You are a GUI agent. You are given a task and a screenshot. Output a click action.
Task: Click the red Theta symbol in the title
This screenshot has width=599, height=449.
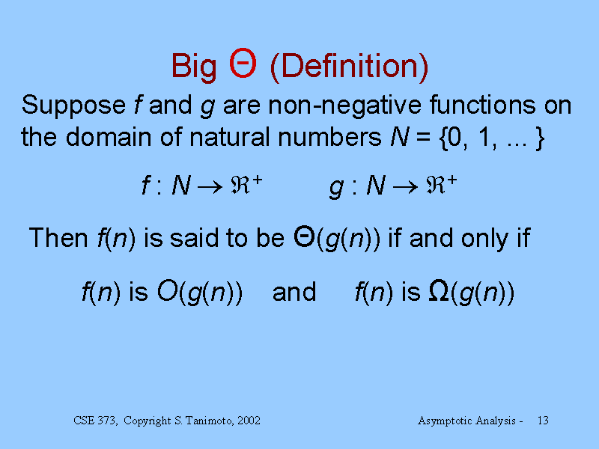point(243,63)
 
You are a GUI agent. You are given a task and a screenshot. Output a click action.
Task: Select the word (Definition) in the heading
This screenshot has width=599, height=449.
point(349,67)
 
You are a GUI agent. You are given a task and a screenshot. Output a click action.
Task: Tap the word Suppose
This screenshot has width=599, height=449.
point(73,106)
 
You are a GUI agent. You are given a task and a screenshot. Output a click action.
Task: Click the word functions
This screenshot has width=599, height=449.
point(482,104)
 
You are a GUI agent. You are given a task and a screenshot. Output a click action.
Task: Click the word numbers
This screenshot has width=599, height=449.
point(329,137)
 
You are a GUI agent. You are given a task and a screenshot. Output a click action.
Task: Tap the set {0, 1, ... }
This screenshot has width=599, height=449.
point(493,138)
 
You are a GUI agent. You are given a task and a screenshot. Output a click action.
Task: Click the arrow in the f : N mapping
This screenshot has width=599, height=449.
point(210,186)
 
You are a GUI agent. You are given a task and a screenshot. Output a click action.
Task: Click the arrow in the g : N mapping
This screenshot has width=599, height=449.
point(405,186)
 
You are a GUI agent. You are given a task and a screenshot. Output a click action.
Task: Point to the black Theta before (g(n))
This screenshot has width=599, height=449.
point(304,236)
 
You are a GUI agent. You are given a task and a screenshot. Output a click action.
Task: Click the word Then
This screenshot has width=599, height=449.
point(58,238)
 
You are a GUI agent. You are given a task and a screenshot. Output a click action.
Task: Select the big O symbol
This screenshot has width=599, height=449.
point(168,291)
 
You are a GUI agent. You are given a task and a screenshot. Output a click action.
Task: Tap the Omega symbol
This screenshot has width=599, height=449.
point(439,291)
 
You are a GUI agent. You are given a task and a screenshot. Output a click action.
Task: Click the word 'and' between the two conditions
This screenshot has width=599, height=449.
point(294,292)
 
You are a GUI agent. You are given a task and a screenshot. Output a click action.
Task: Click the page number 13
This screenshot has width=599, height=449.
point(543,421)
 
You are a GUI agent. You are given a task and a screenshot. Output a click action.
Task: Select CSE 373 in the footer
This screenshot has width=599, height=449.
point(95,421)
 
